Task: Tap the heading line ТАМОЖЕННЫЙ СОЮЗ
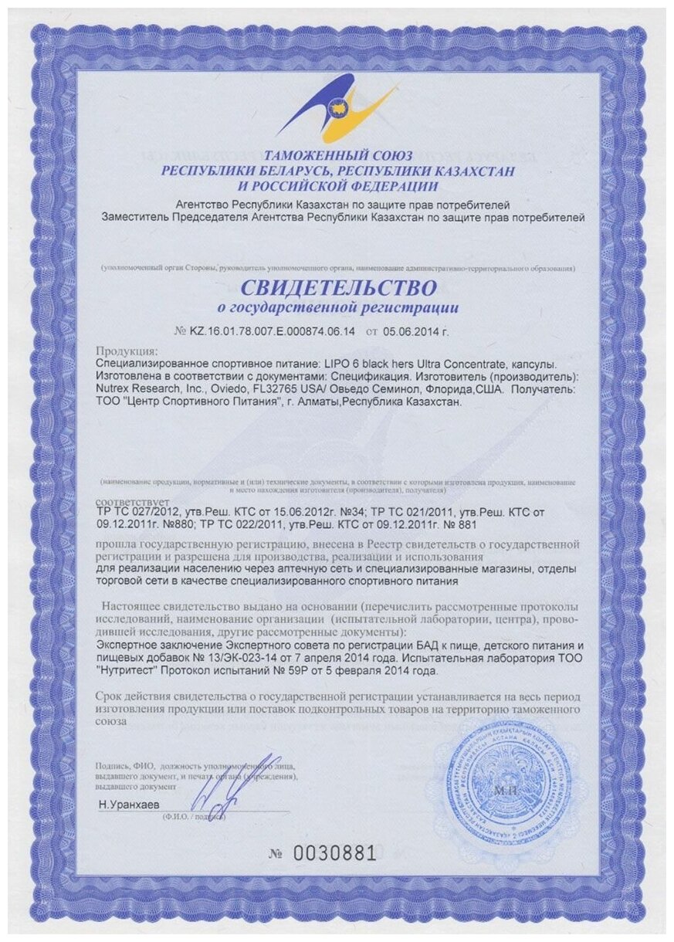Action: tap(337, 155)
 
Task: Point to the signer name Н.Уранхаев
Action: tap(128, 805)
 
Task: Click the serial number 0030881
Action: tap(333, 853)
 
